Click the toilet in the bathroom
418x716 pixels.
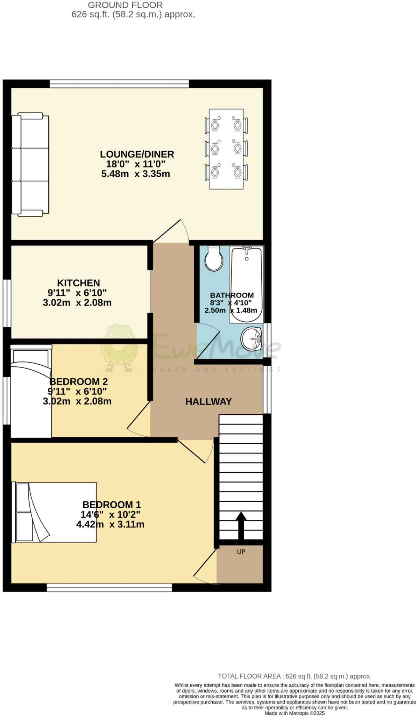(x=214, y=259)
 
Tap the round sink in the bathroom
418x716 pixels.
(x=251, y=338)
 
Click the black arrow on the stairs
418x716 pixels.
(x=241, y=526)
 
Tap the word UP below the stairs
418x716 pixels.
(x=241, y=551)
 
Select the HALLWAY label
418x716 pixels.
(x=208, y=401)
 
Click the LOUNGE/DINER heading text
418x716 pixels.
(x=137, y=154)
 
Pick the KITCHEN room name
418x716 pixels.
(x=78, y=283)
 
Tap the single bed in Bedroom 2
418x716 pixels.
(x=31, y=392)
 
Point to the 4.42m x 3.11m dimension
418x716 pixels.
(x=110, y=524)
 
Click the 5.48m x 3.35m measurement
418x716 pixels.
(x=136, y=174)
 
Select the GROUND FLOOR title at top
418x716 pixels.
(x=125, y=5)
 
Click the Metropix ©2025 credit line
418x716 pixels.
(x=295, y=713)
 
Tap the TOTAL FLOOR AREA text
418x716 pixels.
(x=295, y=676)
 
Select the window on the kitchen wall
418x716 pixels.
(x=6, y=303)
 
